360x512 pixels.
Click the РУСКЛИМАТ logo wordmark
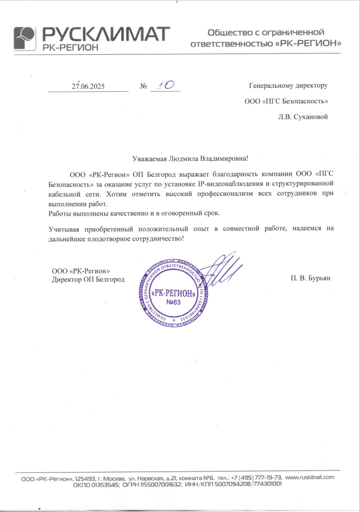pos(106,33)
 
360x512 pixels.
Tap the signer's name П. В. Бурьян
pos(310,278)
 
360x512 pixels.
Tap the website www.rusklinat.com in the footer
pos(309,477)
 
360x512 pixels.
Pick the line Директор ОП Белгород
pos(88,279)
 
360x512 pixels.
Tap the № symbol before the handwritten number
pos(143,86)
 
